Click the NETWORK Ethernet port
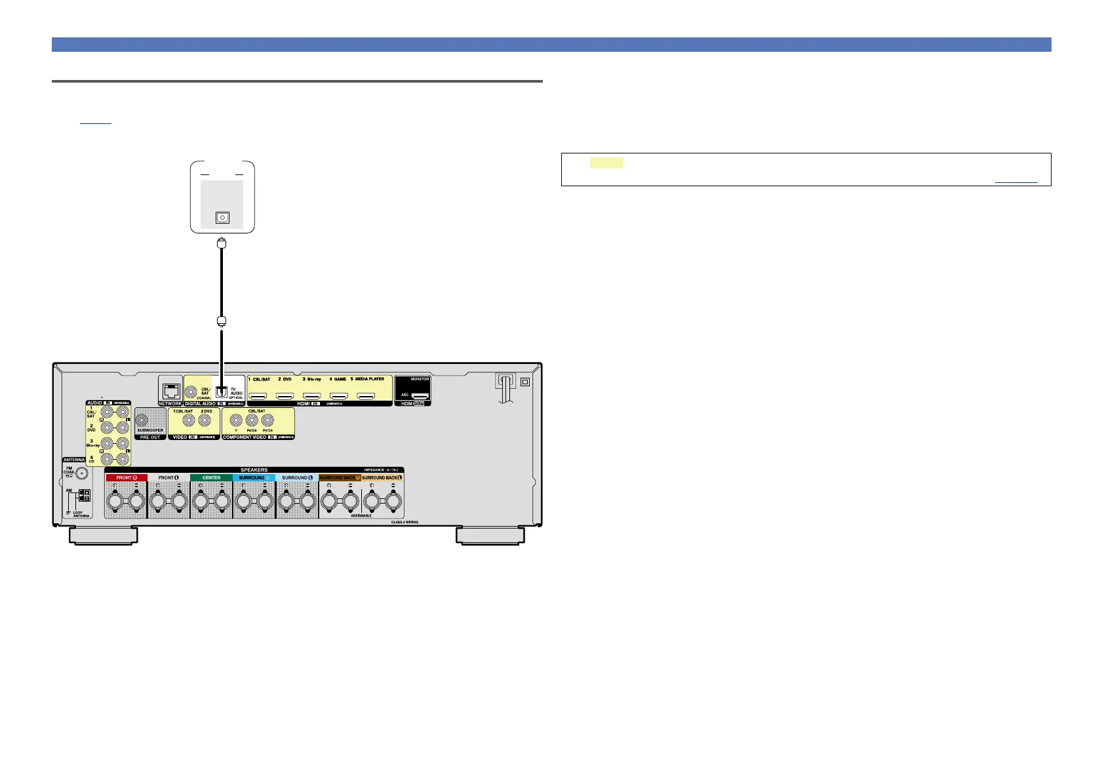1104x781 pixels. tap(170, 391)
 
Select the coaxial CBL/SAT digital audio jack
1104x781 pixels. tap(191, 392)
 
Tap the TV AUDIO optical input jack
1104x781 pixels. tap(222, 391)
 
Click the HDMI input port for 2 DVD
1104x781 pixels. tap(285, 396)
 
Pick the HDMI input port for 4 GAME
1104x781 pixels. tap(338, 396)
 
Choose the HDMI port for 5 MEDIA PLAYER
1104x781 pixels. tap(365, 396)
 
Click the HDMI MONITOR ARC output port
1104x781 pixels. tap(420, 396)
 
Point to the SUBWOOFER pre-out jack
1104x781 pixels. tap(142, 420)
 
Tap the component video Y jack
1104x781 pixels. tap(236, 421)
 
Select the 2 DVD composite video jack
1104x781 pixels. tap(206, 421)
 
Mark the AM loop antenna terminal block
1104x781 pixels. tap(84, 495)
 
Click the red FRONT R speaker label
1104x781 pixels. tap(127, 478)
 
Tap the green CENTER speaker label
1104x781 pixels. tap(211, 478)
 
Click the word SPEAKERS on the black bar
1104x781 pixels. tap(254, 470)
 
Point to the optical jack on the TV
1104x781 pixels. tap(222, 218)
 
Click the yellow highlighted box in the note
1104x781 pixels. tap(606, 163)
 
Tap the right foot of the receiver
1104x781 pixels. tap(490, 536)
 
